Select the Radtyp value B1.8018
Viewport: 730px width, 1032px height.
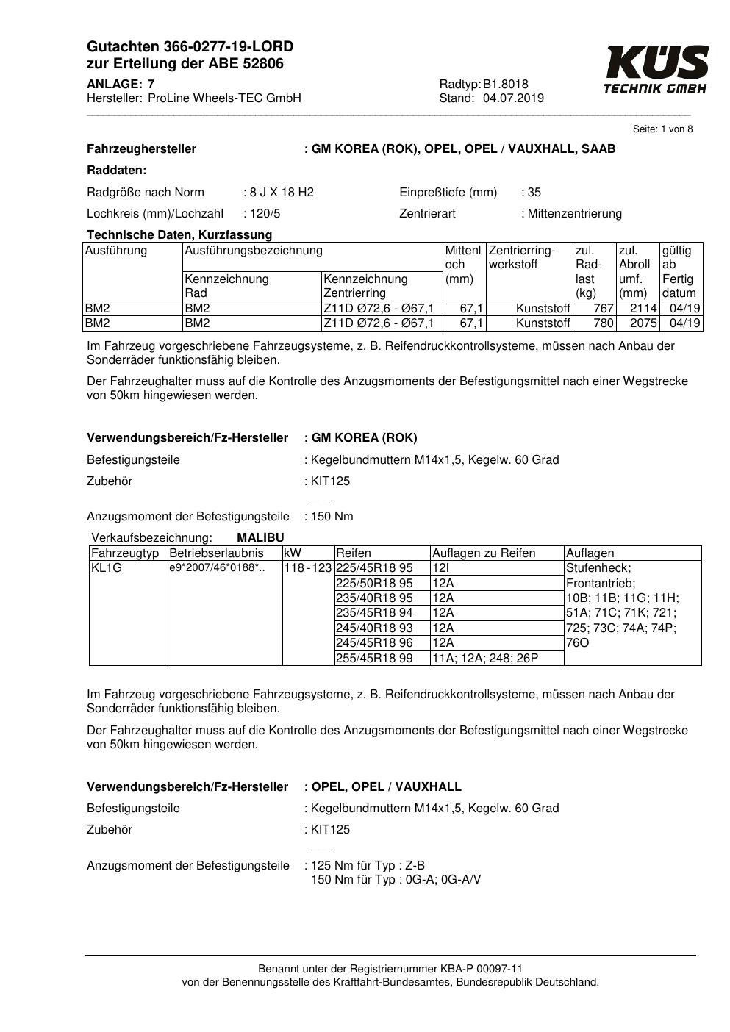[x=506, y=85]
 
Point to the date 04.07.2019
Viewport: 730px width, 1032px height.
[x=513, y=98]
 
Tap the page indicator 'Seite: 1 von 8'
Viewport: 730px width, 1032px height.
[x=662, y=129]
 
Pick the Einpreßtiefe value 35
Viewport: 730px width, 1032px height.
[x=534, y=193]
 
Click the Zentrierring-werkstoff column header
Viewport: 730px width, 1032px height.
[x=523, y=257]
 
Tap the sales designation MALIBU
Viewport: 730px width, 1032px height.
[x=260, y=538]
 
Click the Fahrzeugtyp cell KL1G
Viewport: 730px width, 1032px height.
[x=107, y=568]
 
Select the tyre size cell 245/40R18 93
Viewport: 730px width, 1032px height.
[x=374, y=628]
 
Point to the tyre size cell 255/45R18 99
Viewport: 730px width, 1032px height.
[x=374, y=659]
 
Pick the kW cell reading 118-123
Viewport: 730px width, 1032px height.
[x=308, y=568]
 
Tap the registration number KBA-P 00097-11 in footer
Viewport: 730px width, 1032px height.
[x=477, y=969]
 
